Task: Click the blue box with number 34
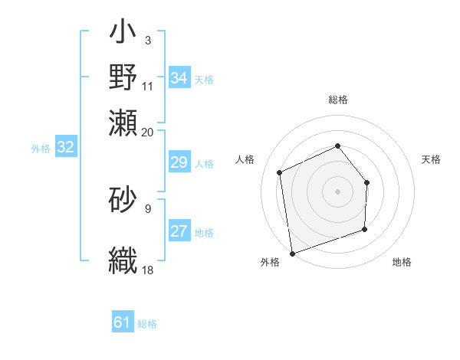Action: pyautogui.click(x=179, y=78)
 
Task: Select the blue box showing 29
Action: pyautogui.click(x=179, y=162)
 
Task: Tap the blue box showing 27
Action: pyautogui.click(x=179, y=231)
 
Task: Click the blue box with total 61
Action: pyautogui.click(x=123, y=322)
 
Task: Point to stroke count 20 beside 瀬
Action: pyautogui.click(x=148, y=132)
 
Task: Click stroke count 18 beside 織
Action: pyautogui.click(x=148, y=270)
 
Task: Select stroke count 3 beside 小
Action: pyautogui.click(x=148, y=40)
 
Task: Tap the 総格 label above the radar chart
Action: pyautogui.click(x=338, y=100)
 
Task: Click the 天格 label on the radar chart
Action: pyautogui.click(x=432, y=159)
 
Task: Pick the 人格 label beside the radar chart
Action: pyautogui.click(x=245, y=159)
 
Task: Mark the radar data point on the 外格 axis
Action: pyautogui.click(x=292, y=252)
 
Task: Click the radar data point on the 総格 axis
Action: pyautogui.click(x=338, y=146)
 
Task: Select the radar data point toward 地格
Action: pyautogui.click(x=365, y=229)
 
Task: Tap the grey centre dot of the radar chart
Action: pyautogui.click(x=338, y=191)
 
